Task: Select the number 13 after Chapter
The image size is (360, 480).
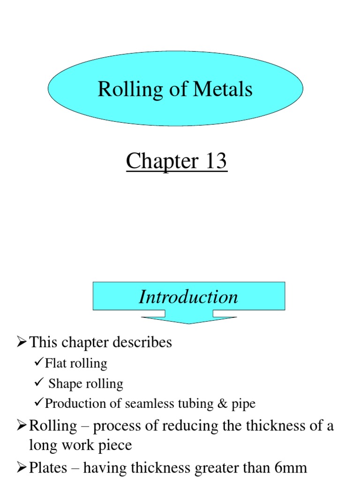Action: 213,162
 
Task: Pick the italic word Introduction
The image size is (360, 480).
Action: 188,297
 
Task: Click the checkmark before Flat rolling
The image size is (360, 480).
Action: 40,363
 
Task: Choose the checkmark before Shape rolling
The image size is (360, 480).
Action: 40,383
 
